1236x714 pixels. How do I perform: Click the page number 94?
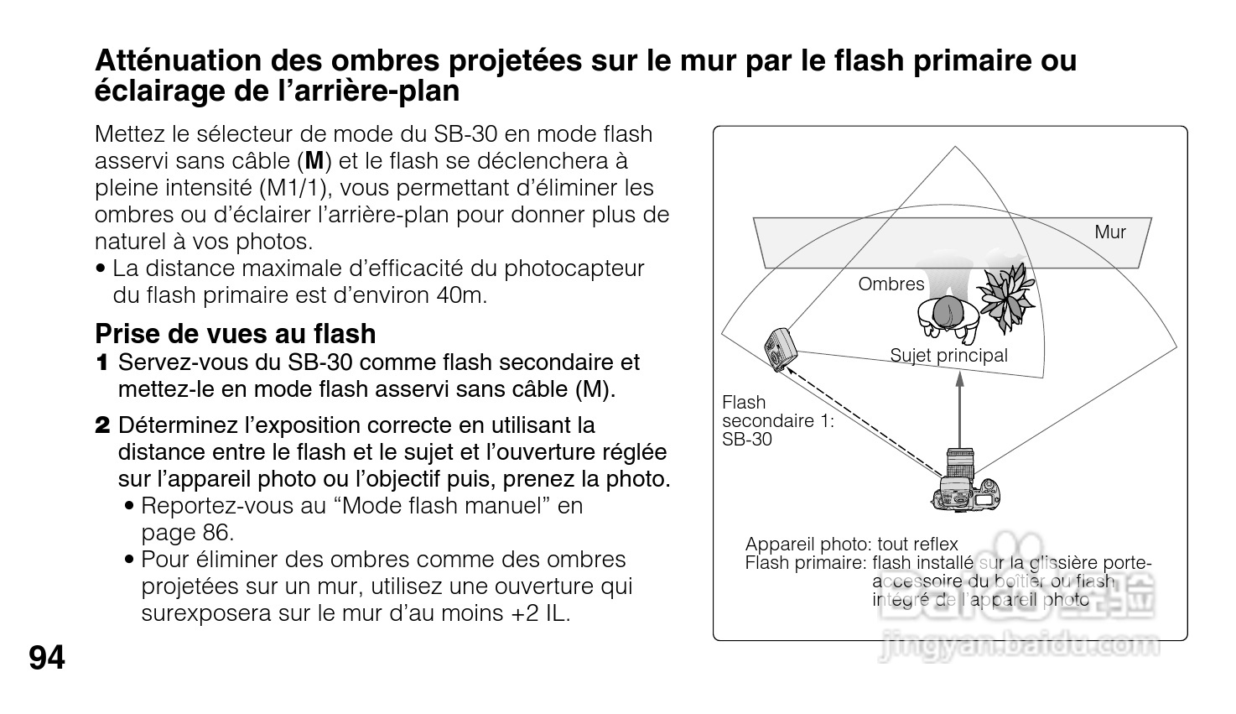tap(47, 659)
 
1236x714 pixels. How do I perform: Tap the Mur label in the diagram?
tap(1109, 232)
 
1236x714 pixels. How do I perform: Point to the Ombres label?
tap(891, 284)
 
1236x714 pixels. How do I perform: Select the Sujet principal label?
tap(948, 356)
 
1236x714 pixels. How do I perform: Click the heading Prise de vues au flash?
tap(235, 334)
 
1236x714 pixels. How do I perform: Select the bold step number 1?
tap(102, 363)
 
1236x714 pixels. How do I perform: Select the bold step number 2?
tap(102, 425)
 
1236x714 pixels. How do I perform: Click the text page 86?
tap(186, 533)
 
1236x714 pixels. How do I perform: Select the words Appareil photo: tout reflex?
tap(850, 545)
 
